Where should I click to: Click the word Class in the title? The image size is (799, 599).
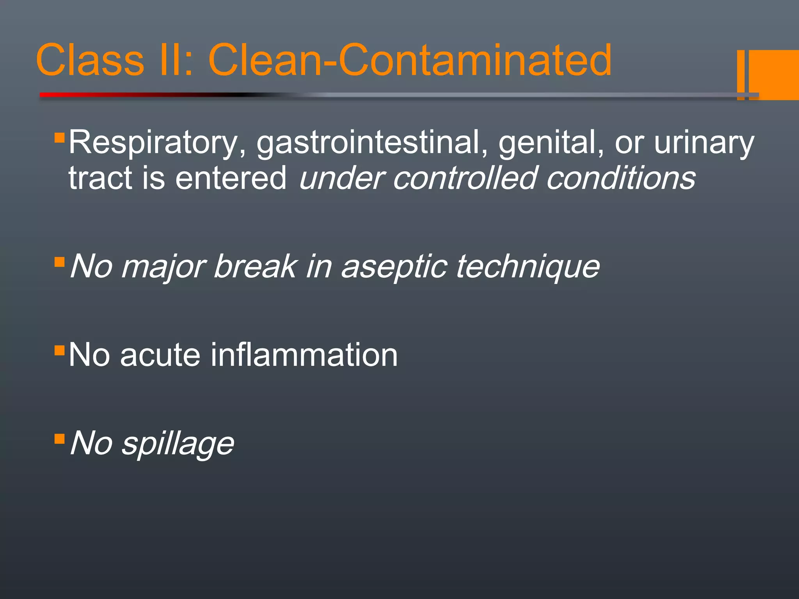(90, 60)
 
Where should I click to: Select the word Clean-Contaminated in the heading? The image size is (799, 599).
(410, 60)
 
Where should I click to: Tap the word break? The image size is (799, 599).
(256, 267)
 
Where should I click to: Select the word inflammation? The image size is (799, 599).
(304, 355)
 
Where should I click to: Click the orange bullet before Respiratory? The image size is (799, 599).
(59, 137)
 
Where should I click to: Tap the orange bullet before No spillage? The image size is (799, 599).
(59, 439)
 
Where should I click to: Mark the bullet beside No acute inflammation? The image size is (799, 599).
(59, 350)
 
